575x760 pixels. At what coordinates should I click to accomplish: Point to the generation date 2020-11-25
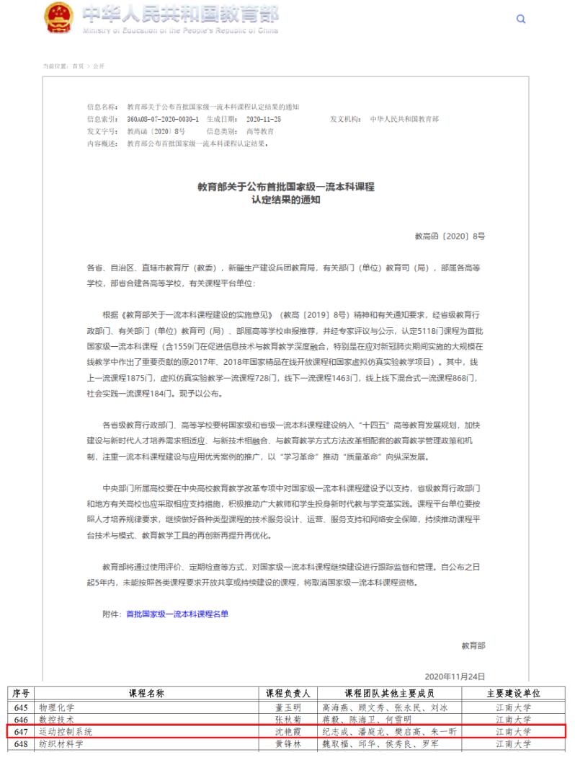[x=264, y=118]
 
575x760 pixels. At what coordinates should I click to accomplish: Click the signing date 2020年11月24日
[x=455, y=676]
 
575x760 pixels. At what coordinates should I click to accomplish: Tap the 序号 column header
[x=21, y=694]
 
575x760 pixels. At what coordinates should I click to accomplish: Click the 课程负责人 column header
[x=287, y=694]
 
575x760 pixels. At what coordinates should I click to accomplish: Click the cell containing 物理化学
[x=57, y=707]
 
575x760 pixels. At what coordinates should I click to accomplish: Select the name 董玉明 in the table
[x=287, y=707]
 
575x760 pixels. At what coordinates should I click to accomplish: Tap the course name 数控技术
[x=57, y=719]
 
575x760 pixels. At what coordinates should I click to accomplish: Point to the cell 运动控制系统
[x=66, y=731]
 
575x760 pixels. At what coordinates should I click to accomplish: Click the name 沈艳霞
[x=287, y=731]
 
